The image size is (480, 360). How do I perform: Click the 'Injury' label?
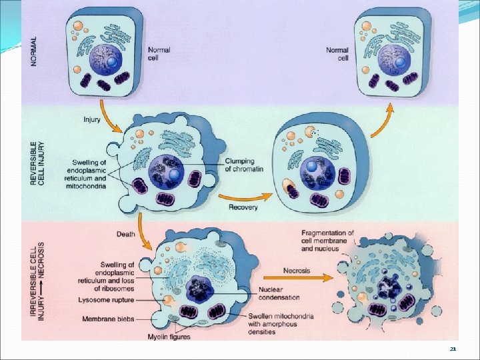pyautogui.click(x=92, y=120)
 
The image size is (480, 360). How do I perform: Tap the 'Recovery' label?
pyautogui.click(x=243, y=207)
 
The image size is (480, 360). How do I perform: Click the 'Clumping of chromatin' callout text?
pyautogui.click(x=245, y=165)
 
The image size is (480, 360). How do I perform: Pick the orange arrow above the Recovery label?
pyautogui.click(x=243, y=195)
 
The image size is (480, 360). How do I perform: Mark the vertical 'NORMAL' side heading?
pyautogui.click(x=34, y=50)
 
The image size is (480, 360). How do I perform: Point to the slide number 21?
pyautogui.click(x=453, y=349)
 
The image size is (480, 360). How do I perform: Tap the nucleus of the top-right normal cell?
pyautogui.click(x=393, y=59)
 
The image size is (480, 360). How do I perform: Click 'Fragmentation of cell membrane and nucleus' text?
pyautogui.click(x=328, y=240)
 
